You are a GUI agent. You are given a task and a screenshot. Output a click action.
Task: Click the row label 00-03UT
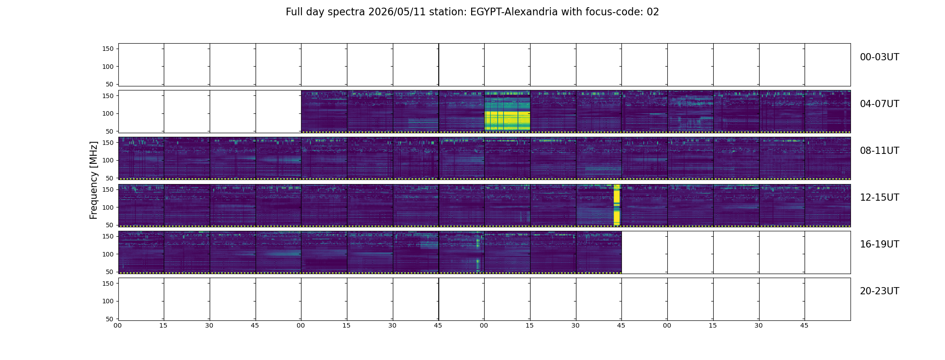click(879, 57)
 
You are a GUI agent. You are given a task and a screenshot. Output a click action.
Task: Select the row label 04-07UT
click(879, 104)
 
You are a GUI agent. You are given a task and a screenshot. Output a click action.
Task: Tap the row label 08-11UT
click(879, 151)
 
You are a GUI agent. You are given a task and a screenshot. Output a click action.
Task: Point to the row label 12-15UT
click(879, 198)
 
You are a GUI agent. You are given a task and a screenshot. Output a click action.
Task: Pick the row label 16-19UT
click(879, 244)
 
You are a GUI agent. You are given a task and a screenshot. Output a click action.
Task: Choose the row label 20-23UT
click(879, 291)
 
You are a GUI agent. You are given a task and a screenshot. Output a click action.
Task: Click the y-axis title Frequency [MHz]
click(94, 180)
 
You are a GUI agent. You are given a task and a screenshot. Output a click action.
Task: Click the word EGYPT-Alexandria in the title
click(514, 12)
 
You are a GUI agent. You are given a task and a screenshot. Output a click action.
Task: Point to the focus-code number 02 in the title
click(653, 12)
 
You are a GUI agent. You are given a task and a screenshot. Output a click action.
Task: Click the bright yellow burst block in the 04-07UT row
click(507, 111)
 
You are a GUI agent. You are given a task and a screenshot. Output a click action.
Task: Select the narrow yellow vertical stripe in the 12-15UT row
click(616, 205)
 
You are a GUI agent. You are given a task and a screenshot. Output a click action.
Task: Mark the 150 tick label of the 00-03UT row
click(108, 49)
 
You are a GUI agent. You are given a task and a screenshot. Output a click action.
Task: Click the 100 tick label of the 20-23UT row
click(108, 301)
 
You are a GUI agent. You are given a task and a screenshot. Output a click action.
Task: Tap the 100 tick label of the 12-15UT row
click(108, 207)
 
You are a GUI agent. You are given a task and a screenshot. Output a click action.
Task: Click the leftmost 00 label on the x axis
click(117, 325)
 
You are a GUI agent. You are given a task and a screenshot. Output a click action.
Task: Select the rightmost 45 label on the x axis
click(804, 325)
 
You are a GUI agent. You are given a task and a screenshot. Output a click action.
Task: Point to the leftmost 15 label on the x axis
click(163, 325)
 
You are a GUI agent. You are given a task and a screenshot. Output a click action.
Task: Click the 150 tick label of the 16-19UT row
click(108, 236)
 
